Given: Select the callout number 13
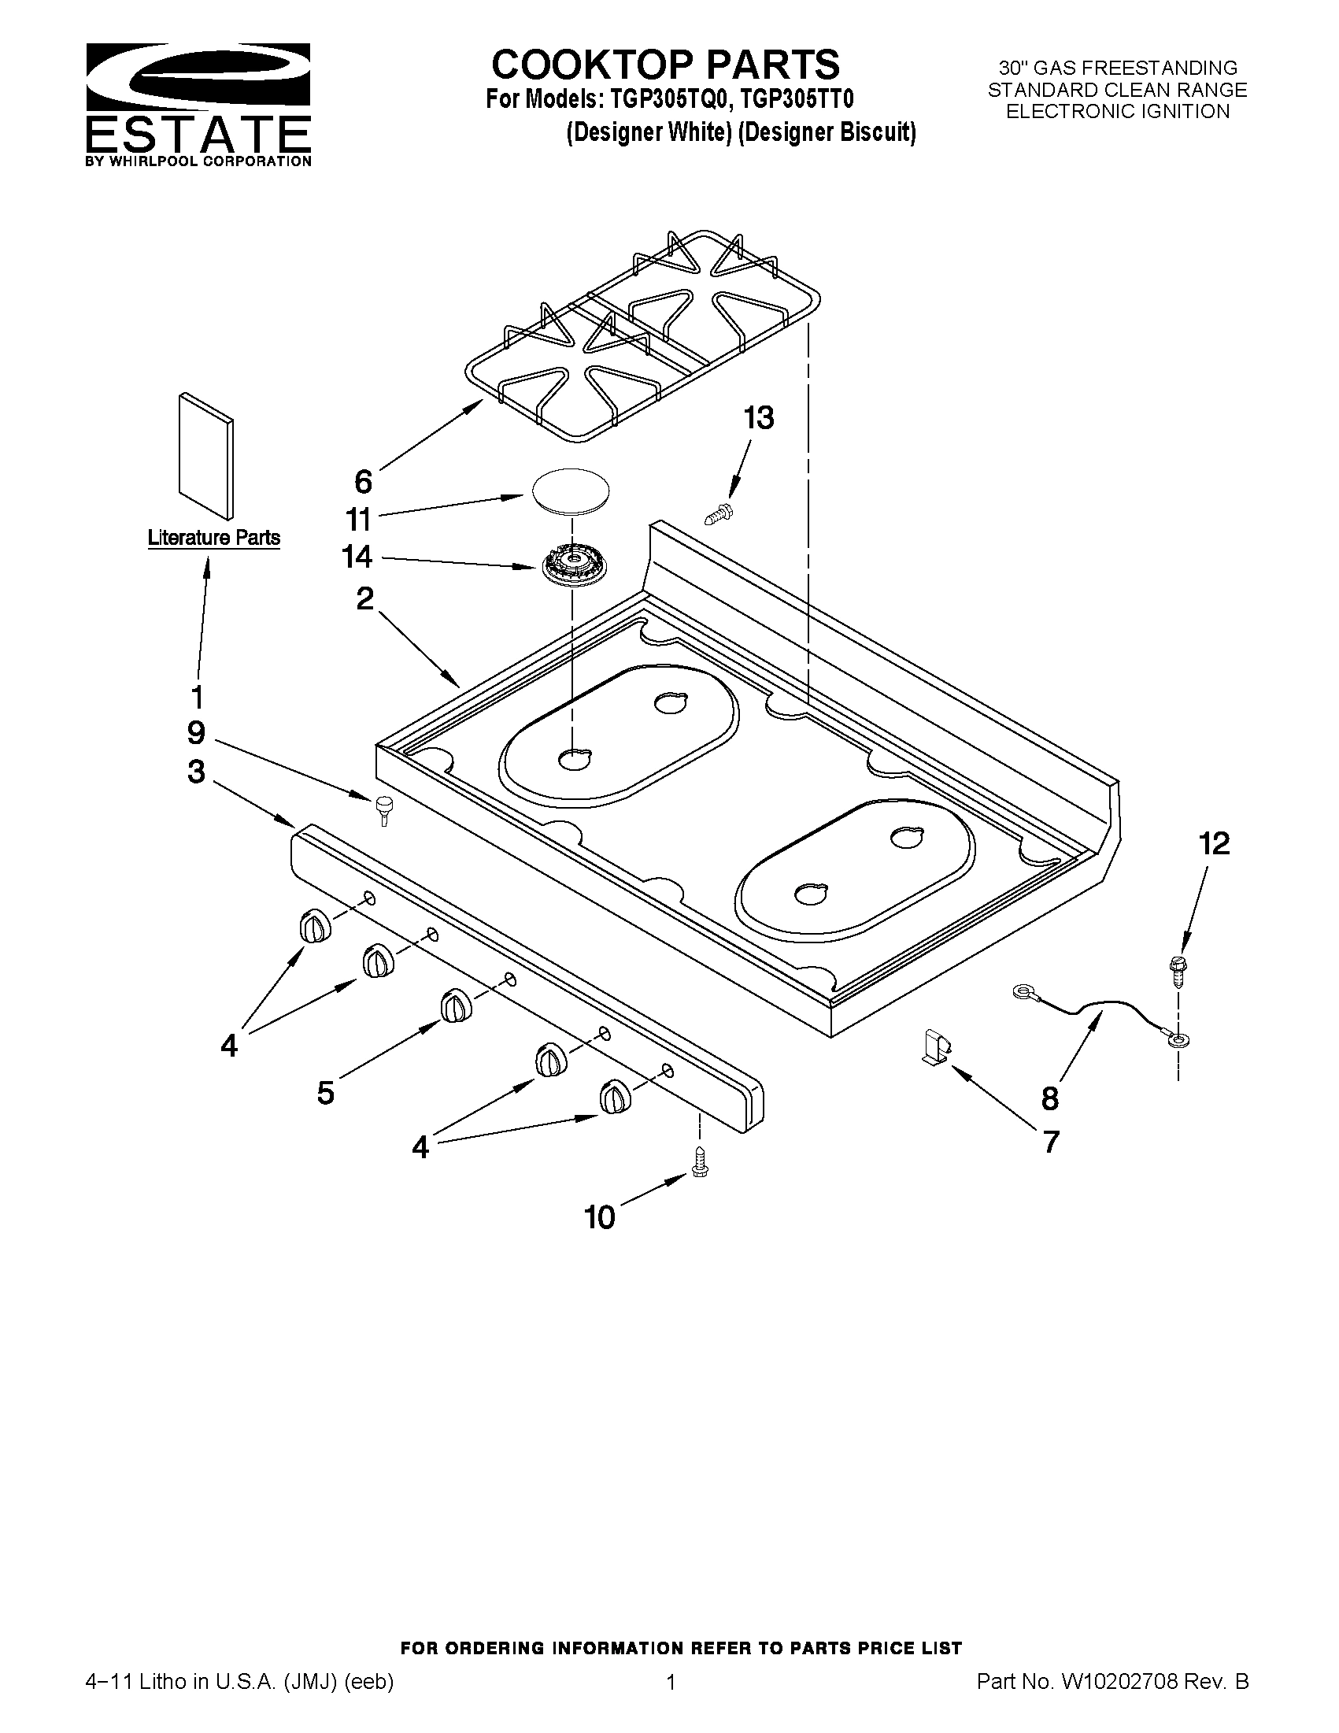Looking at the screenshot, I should click(758, 418).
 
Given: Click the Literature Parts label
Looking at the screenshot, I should click(213, 537).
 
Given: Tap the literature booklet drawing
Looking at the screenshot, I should click(206, 454).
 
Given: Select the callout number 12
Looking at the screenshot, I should click(1214, 843).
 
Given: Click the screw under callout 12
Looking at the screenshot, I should click(1178, 971).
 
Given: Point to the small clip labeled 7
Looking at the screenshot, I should click(936, 1045).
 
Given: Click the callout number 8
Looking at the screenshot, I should click(1049, 1099).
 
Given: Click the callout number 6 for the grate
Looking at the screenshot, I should click(363, 481).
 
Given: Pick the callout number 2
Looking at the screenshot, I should click(364, 598).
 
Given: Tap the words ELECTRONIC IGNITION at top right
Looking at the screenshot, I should click(1117, 112).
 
